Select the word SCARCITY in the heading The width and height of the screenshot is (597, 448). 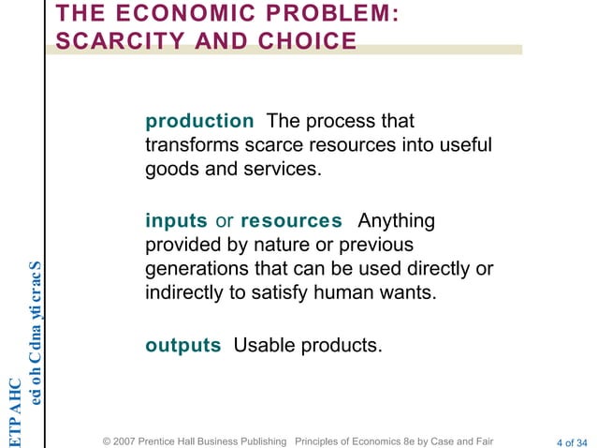(121, 41)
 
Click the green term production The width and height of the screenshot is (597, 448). (199, 122)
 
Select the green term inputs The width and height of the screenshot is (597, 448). (176, 221)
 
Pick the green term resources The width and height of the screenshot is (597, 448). (291, 221)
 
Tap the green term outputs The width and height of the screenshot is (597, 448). (183, 345)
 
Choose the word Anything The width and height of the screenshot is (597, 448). (397, 221)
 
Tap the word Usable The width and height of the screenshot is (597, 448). (263, 345)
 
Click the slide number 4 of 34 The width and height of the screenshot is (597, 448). (572, 441)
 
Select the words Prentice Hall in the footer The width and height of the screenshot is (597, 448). (181, 441)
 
